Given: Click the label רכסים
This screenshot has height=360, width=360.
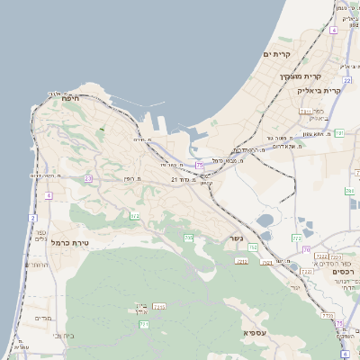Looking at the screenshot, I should click(x=344, y=271).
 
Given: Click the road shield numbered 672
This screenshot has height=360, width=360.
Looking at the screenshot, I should click(x=135, y=216).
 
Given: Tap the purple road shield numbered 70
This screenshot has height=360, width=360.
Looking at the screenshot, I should click(x=306, y=248).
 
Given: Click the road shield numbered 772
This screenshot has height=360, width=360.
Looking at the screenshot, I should click(x=296, y=238).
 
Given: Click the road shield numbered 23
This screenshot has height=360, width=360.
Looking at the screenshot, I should click(x=88, y=179).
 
